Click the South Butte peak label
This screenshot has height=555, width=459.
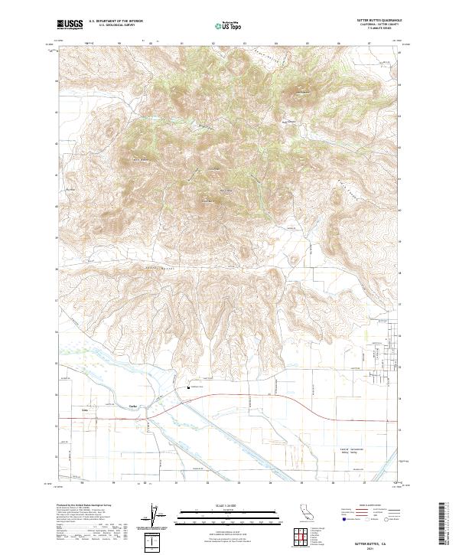206,201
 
